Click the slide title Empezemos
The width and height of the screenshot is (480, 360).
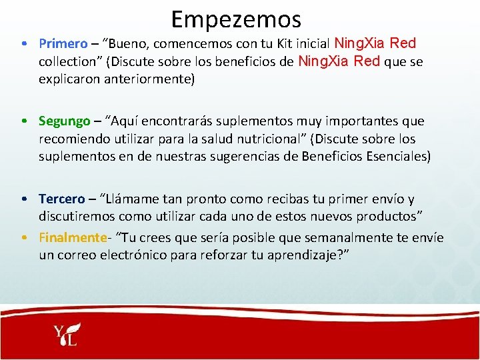click(x=236, y=19)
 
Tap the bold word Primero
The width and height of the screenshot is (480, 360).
click(x=63, y=44)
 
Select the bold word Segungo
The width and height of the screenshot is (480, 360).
click(x=64, y=121)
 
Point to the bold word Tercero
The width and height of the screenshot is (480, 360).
click(x=62, y=199)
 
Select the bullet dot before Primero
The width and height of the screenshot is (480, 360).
click(x=23, y=45)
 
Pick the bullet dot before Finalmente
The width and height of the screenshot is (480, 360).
click(x=23, y=238)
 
